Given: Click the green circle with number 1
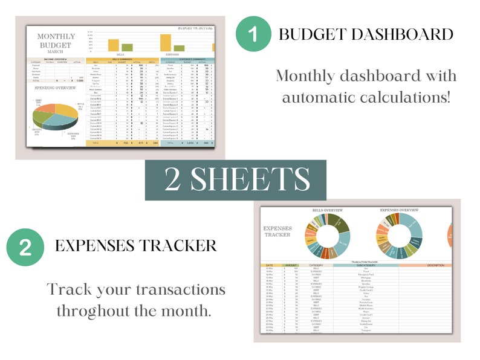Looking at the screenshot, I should click(252, 34).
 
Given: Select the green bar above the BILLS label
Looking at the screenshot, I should click(127, 47).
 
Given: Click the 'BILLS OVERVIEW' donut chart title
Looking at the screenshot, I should click(327, 210).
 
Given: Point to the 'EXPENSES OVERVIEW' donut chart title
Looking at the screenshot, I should click(400, 210).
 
